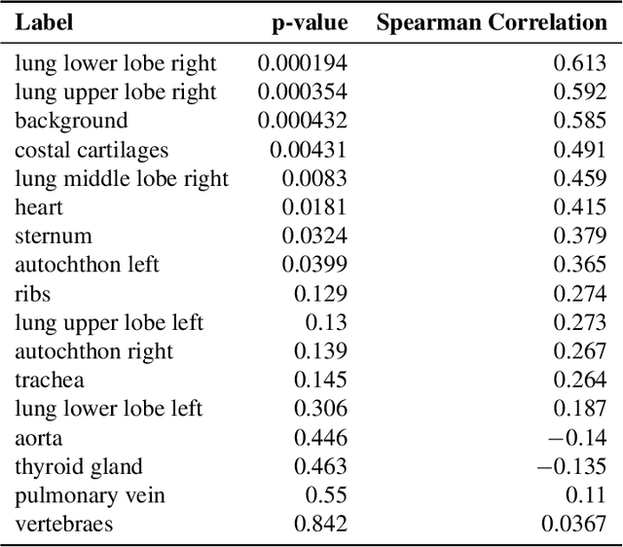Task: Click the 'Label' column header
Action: pos(44,22)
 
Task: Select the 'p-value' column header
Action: pos(309,22)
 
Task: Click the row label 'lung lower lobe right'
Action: pos(116,64)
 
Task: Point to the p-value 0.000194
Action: pos(302,64)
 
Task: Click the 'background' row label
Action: pos(71,121)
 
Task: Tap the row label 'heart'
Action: pos(39,207)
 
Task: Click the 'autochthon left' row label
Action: pos(87,265)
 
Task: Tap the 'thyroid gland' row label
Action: pos(79,467)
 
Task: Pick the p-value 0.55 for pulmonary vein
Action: pos(326,495)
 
